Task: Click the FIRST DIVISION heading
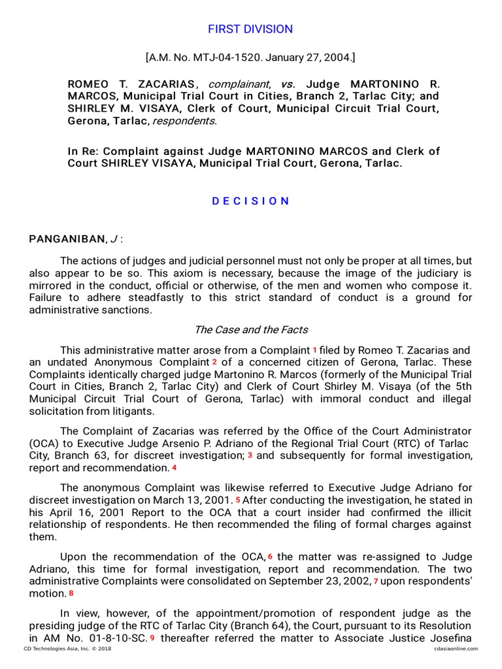click(250, 29)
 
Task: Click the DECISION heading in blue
click(250, 201)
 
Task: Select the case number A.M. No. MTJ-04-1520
click(198, 58)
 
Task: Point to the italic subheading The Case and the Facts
click(251, 330)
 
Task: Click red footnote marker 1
click(314, 350)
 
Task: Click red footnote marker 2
click(214, 362)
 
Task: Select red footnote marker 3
click(250, 455)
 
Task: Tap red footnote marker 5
click(238, 500)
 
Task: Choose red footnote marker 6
click(269, 557)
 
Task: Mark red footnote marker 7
click(376, 581)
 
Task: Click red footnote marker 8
click(71, 594)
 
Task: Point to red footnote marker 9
click(152, 638)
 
